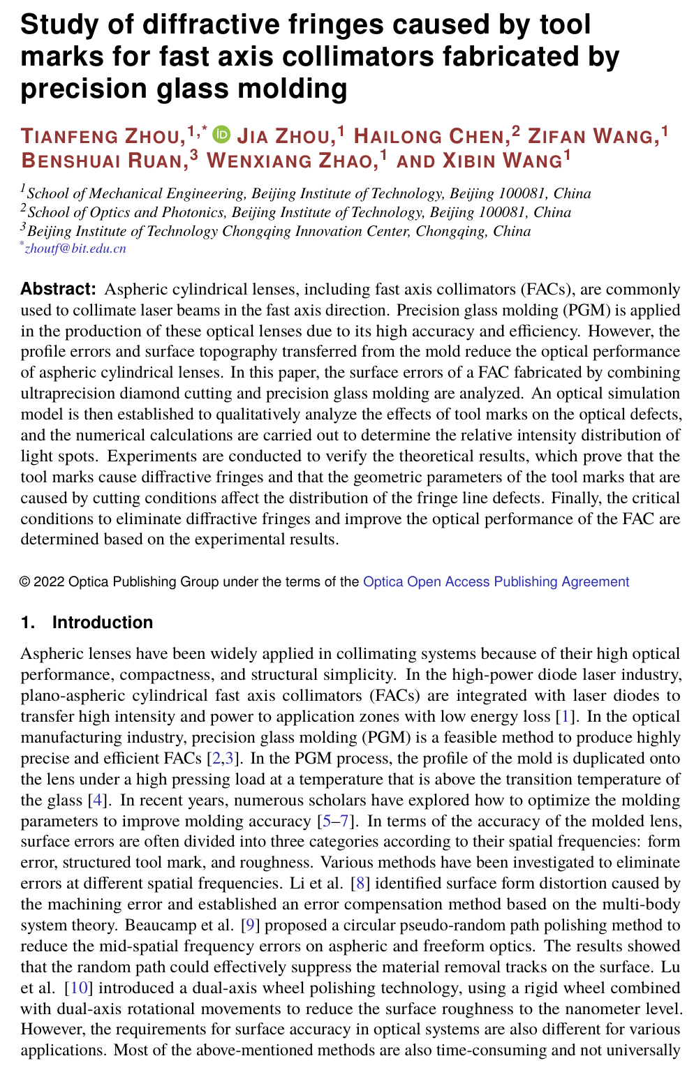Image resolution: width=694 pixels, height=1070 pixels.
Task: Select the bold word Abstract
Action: (x=58, y=289)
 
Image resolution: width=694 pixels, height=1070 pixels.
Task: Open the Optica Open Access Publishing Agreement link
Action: (x=496, y=581)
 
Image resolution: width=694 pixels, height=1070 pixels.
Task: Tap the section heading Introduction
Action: (x=102, y=622)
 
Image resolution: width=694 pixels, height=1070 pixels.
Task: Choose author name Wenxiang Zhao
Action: (x=290, y=161)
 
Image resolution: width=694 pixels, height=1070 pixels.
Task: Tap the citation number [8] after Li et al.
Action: (x=360, y=884)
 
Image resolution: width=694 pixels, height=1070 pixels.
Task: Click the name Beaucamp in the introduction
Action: (x=155, y=926)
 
